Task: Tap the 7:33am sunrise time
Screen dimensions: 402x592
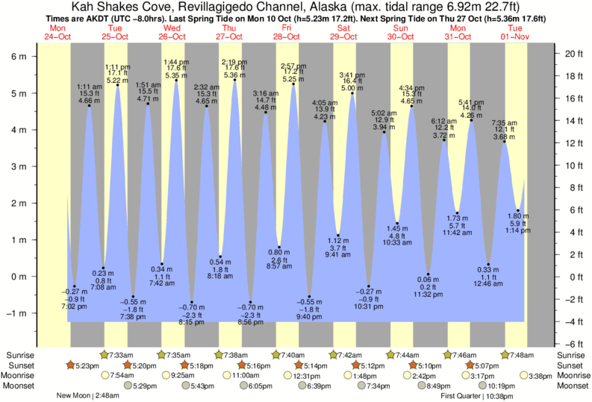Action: click(122, 355)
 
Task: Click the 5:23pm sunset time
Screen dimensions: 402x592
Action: click(86, 365)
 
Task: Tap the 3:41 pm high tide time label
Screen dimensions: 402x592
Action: click(352, 75)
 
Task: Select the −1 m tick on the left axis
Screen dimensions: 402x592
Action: click(16, 313)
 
